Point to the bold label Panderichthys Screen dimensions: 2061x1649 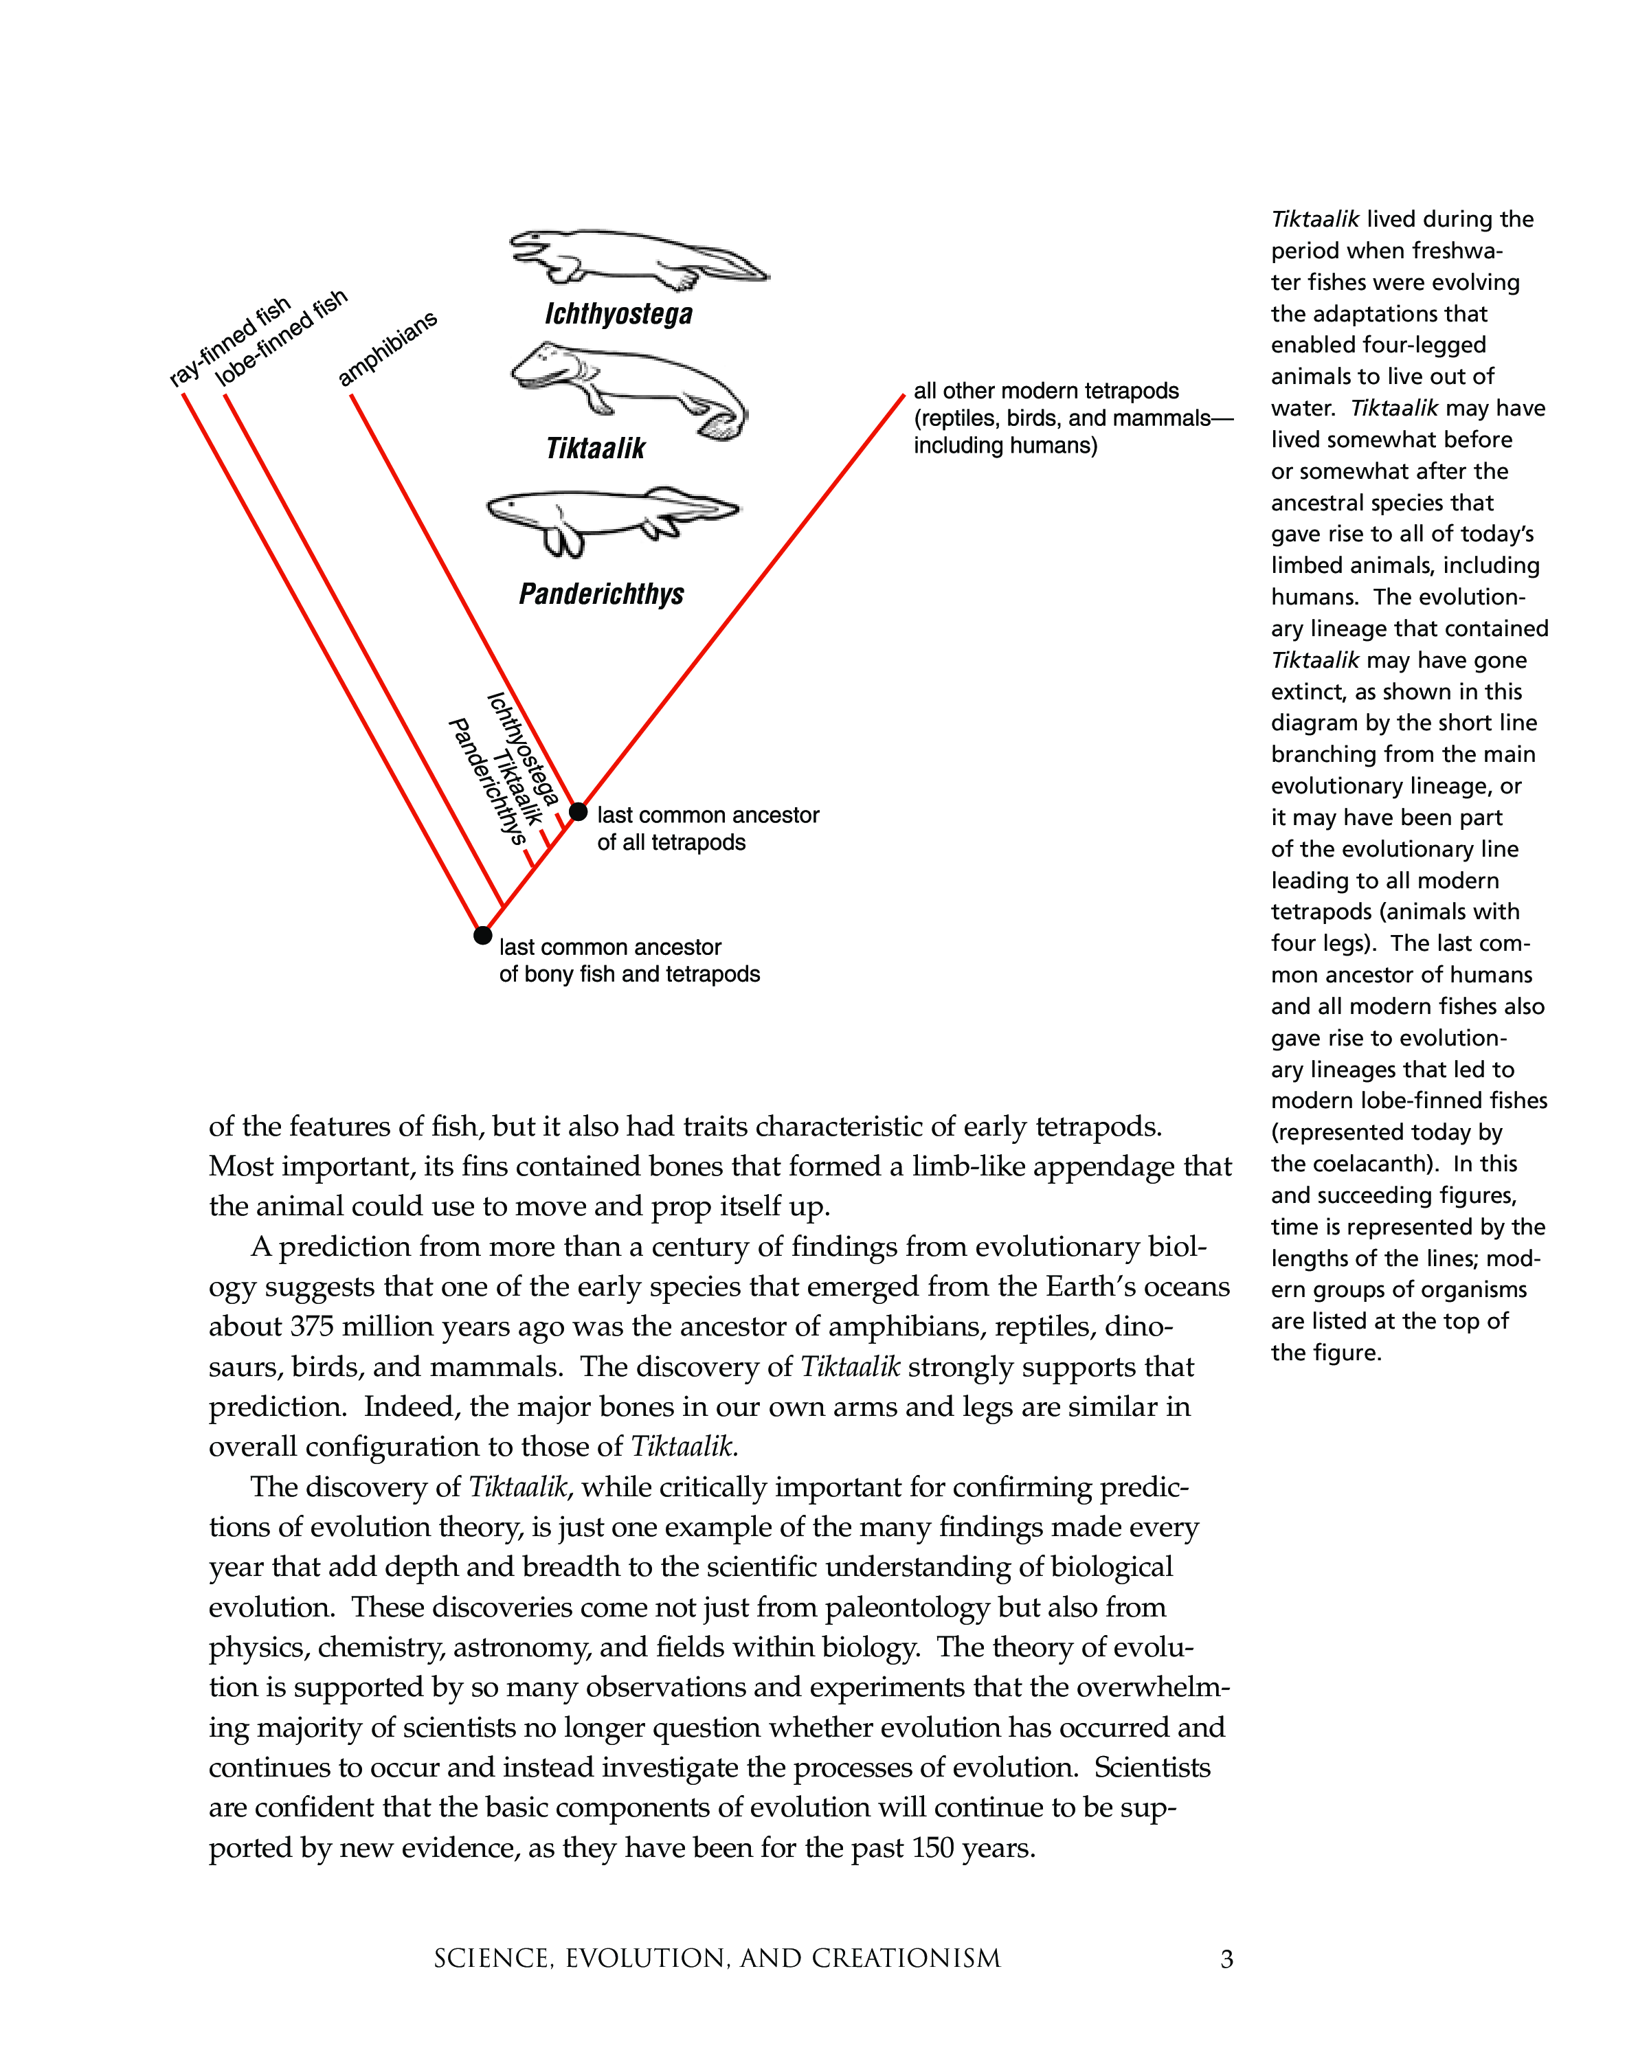tap(601, 594)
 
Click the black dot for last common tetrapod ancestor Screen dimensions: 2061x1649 tap(579, 811)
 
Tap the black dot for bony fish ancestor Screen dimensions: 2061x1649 tap(483, 935)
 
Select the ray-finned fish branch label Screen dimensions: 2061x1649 tap(229, 342)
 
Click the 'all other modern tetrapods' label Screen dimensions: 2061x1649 tap(1046, 391)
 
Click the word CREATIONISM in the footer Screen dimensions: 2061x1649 tap(906, 1959)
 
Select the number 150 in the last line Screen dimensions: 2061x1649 tap(933, 1848)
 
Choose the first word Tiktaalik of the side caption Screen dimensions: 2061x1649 tap(1314, 220)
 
